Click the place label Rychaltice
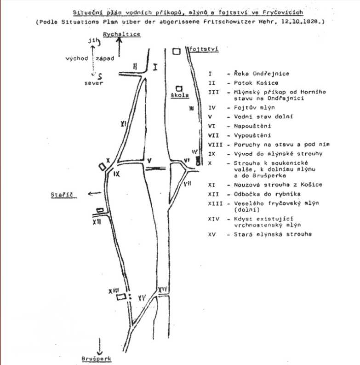(x=122, y=35)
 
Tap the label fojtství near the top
(x=204, y=48)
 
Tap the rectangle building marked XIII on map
(x=121, y=297)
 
